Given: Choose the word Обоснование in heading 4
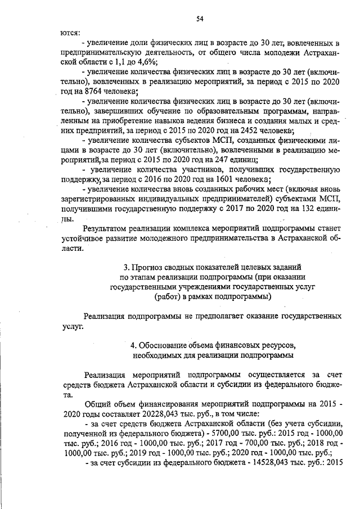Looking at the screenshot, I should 165,344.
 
